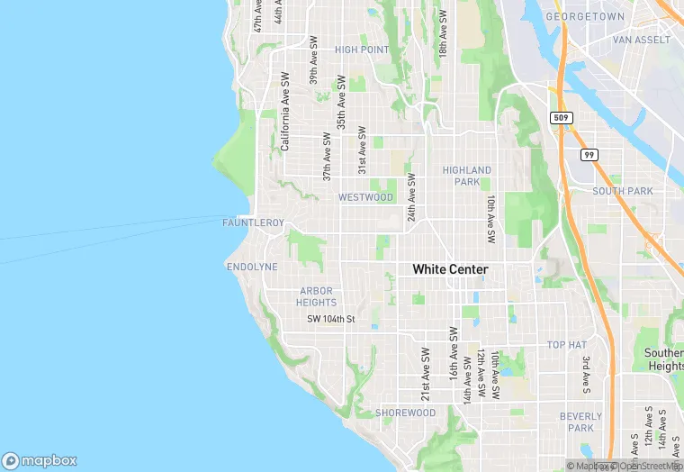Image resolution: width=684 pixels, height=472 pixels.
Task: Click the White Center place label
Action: tap(450, 269)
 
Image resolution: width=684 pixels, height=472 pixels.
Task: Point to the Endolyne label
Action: tap(252, 268)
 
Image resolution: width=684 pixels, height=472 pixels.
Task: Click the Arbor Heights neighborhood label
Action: tap(316, 296)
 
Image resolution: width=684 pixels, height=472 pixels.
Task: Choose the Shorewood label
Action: tap(405, 413)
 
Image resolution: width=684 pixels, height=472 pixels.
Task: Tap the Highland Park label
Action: tap(467, 176)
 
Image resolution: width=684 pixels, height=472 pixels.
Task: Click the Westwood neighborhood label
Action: tap(365, 197)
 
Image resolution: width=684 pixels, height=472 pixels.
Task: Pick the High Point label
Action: tap(362, 50)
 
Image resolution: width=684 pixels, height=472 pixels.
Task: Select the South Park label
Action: tap(622, 191)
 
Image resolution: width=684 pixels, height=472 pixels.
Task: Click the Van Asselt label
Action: tap(641, 40)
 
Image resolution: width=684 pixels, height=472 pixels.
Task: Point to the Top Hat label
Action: tap(567, 345)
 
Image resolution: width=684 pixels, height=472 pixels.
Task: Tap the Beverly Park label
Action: tap(580, 422)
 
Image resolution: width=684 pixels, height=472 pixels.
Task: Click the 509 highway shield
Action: tap(560, 118)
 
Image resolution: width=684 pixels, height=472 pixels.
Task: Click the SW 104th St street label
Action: tap(331, 319)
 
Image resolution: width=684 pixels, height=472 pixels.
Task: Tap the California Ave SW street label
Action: tap(284, 112)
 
